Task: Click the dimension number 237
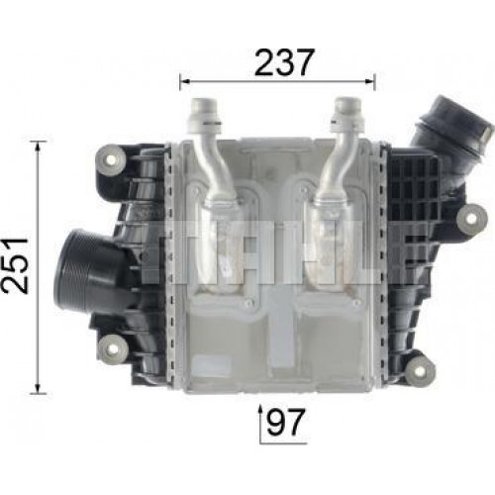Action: tap(283, 62)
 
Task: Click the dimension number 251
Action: tap(15, 265)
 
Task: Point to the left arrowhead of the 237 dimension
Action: tap(184, 81)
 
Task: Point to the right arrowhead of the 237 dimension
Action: tap(370, 81)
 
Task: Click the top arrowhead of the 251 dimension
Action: tap(39, 146)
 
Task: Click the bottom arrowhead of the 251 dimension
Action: tap(39, 389)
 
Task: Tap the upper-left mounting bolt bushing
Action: tap(111, 160)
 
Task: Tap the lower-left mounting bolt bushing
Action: tap(113, 349)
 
